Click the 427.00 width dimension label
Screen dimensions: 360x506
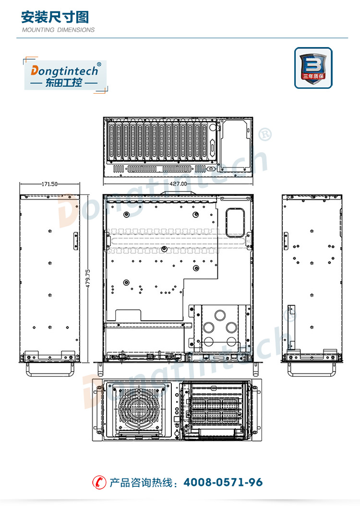(x=178, y=183)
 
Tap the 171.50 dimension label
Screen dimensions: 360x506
(x=49, y=184)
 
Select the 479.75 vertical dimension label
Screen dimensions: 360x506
(x=88, y=278)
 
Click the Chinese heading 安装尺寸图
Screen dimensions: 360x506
(x=55, y=17)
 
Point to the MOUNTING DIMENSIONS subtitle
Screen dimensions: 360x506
(x=59, y=30)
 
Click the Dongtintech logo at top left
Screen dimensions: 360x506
(x=65, y=75)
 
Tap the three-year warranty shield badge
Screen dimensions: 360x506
(x=313, y=68)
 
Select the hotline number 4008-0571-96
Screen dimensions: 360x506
(x=223, y=482)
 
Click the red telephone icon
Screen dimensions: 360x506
(x=99, y=482)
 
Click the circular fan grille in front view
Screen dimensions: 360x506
(x=138, y=408)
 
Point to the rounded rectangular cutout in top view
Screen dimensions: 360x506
(x=235, y=223)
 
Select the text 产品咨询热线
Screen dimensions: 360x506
(x=141, y=483)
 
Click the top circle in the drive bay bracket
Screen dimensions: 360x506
(x=220, y=315)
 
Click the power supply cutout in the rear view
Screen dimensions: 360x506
(x=235, y=145)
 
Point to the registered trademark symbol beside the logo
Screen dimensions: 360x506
(x=99, y=64)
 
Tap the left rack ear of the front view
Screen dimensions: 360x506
(x=97, y=410)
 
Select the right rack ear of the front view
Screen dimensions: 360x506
(x=257, y=410)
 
